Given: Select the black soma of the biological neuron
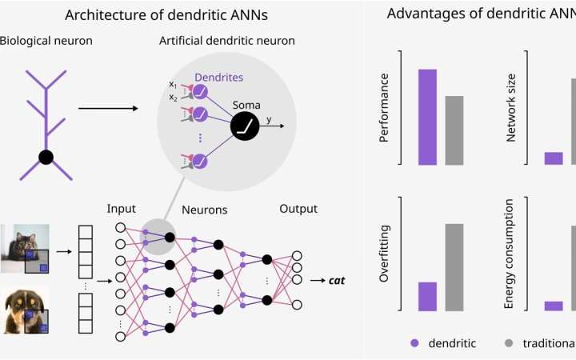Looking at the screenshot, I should tap(46, 157).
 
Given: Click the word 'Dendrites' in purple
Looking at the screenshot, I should tap(220, 78).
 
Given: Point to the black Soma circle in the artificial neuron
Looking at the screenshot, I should tap(246, 125).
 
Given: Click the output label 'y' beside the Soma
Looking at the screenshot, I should tap(269, 119).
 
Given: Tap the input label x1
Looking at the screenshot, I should tap(173, 84).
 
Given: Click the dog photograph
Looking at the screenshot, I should tap(25, 309).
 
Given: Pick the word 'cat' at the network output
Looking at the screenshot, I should tap(339, 280).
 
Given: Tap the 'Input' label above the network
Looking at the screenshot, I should tap(121, 209).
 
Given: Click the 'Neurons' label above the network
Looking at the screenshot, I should tap(204, 210).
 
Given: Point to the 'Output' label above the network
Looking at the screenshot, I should tap(298, 209).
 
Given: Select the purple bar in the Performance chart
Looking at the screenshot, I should tap(427, 116).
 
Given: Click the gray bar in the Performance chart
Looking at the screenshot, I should tap(454, 130).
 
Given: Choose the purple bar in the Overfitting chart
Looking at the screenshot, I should tap(427, 296).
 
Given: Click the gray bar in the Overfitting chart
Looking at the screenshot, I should tap(454, 266).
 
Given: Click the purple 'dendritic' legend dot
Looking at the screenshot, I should tap(414, 342).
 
